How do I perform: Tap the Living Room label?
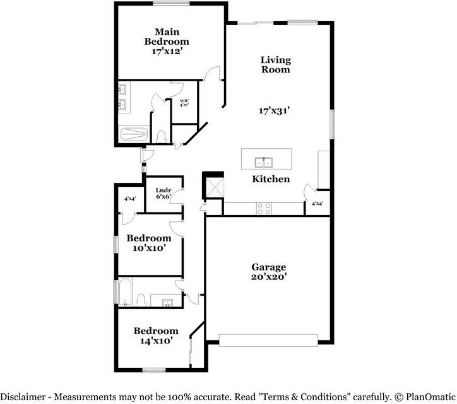click(276, 65)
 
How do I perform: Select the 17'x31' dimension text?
click(275, 110)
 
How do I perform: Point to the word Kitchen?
click(271, 179)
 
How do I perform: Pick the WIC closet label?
click(184, 101)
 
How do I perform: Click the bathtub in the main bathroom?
click(134, 134)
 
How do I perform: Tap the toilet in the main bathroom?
click(161, 135)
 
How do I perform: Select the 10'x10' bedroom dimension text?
click(148, 248)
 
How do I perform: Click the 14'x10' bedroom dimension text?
click(155, 341)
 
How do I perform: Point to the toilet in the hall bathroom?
click(143, 299)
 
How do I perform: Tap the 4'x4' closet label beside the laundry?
click(131, 199)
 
